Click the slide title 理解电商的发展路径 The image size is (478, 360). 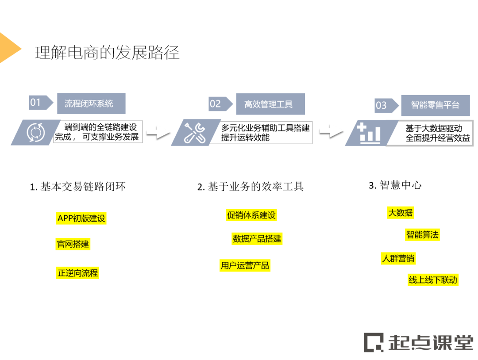click(107, 53)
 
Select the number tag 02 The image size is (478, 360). click(216, 104)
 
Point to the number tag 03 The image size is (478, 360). click(382, 105)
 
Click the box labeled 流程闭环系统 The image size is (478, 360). click(91, 103)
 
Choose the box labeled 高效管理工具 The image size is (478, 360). click(270, 104)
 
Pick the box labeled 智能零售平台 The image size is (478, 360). click(435, 105)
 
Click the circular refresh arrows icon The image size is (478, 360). click(35, 132)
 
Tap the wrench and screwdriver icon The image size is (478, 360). click(195, 132)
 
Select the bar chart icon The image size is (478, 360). click(369, 133)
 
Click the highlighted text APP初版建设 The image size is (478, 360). click(81, 218)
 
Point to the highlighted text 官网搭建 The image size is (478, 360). click(73, 244)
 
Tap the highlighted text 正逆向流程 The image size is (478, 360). click(77, 272)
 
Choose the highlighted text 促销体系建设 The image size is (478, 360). click(251, 215)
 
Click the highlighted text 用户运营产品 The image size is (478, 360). click(245, 265)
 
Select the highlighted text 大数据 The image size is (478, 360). click(401, 213)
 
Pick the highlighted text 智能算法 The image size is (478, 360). click(422, 234)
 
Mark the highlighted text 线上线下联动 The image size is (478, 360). click(432, 280)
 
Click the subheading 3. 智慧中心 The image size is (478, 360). click(395, 185)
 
